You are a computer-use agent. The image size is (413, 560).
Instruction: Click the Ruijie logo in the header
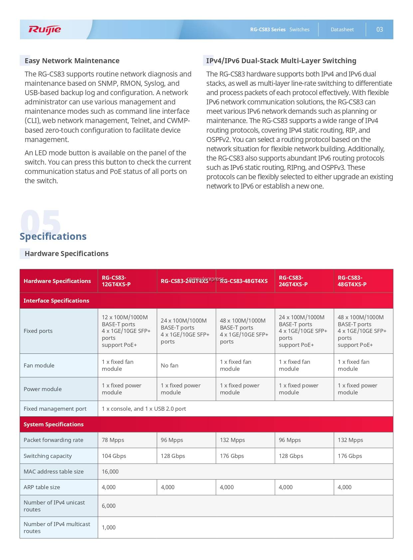(45, 30)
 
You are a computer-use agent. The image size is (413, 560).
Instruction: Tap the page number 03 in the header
(379, 30)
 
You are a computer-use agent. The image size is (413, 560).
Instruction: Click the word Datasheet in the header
(342, 30)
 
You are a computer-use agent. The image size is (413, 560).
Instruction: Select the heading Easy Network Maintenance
(72, 61)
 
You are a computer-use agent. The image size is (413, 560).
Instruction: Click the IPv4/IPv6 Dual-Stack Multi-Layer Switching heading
(281, 61)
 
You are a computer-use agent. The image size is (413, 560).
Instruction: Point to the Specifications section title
(53, 236)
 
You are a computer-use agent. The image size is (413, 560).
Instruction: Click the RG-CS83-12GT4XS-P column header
(116, 281)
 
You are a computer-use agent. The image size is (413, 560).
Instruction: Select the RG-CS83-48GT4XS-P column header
(352, 281)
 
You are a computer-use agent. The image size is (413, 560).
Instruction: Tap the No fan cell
(170, 365)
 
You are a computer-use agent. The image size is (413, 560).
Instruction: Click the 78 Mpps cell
(113, 440)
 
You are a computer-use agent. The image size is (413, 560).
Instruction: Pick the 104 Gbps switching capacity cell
(114, 456)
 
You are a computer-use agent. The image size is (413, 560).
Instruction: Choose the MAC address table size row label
(54, 472)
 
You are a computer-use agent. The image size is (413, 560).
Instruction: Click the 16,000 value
(110, 472)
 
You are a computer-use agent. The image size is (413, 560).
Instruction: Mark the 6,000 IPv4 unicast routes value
(109, 506)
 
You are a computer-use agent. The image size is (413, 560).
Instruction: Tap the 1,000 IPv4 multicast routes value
(109, 527)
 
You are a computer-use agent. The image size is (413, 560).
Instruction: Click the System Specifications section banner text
(54, 424)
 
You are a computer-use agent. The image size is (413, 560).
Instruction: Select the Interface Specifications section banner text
(56, 301)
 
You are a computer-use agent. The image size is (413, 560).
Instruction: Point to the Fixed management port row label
(55, 409)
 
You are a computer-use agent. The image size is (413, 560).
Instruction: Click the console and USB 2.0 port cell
(144, 409)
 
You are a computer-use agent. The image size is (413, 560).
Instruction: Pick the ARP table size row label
(42, 487)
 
